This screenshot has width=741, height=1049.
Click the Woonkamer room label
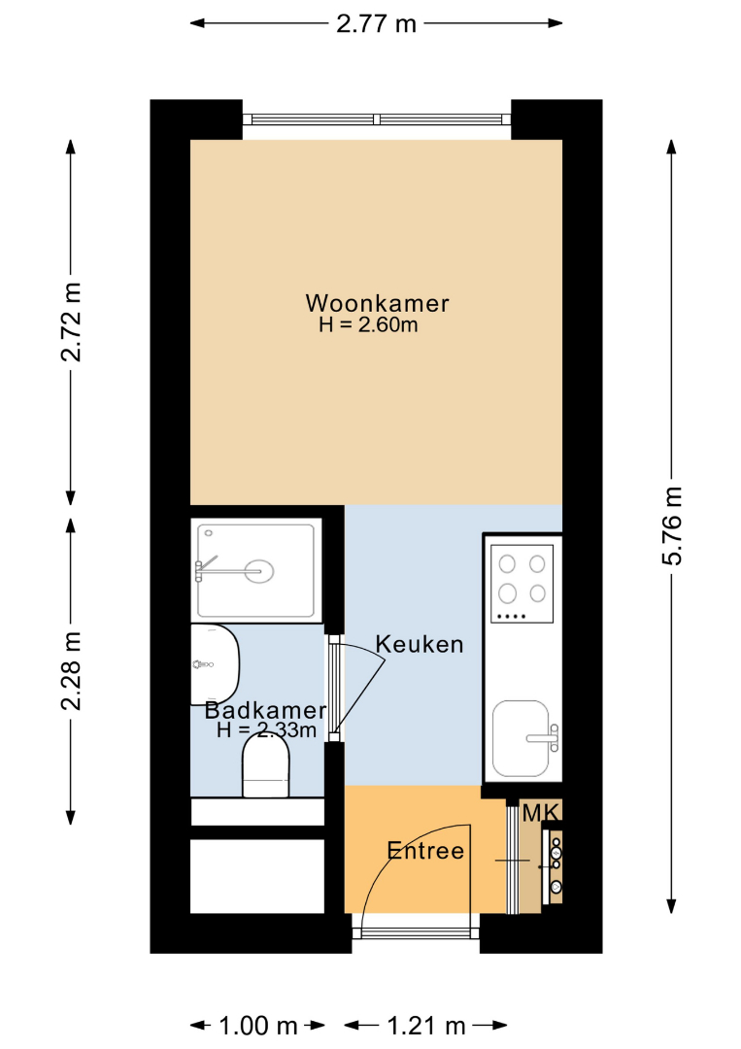click(x=377, y=303)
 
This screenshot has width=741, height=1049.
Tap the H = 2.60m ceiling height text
click(x=368, y=325)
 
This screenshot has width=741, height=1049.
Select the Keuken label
click(x=420, y=644)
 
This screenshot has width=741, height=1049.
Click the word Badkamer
click(x=265, y=710)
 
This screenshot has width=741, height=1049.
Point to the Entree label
click(x=425, y=850)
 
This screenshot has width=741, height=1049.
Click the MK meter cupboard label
click(x=540, y=813)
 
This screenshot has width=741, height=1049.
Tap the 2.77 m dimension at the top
click(x=376, y=24)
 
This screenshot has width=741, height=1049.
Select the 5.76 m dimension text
click(x=672, y=525)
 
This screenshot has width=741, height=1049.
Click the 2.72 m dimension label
click(x=71, y=321)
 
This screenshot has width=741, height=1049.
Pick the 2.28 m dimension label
click(x=71, y=670)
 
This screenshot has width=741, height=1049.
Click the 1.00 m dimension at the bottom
click(x=258, y=1025)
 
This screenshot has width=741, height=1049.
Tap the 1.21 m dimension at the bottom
click(x=426, y=1025)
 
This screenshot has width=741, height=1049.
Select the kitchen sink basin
click(x=521, y=738)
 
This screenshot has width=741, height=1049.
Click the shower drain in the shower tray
click(x=259, y=571)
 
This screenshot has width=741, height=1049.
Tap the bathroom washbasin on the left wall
click(x=215, y=664)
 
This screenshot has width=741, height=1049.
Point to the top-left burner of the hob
click(x=508, y=564)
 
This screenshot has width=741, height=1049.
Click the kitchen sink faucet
click(x=544, y=738)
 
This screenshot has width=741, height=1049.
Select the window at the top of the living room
click(x=377, y=119)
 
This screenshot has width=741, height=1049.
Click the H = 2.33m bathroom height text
click(x=266, y=729)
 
